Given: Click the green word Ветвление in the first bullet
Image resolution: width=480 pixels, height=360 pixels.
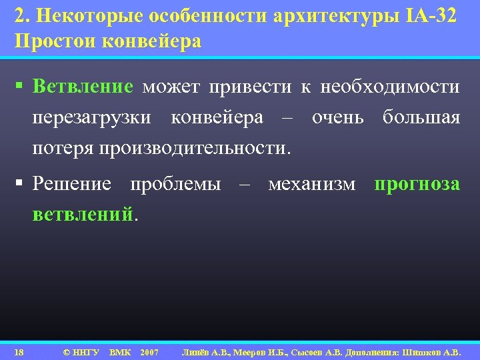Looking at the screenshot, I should pos(83,87).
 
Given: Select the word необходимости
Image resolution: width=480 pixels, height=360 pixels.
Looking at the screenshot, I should pos(389,87).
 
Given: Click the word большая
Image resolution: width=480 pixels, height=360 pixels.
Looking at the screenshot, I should pos(421,118).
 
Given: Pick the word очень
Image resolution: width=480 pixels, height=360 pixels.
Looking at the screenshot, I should pos(337,118).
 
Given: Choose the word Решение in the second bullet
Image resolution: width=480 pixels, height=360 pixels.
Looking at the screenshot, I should pos(72,184).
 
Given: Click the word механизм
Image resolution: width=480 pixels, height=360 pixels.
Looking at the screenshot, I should pos(311,184).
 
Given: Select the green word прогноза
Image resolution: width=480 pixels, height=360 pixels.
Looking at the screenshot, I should pos(417,184).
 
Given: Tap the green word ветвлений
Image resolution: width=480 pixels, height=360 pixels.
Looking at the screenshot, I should pos(83,215).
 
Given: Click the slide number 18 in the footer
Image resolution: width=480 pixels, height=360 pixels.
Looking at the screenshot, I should pos(19,351).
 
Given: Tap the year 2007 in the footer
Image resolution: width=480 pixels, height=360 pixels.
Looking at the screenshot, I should pos(149,351).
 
